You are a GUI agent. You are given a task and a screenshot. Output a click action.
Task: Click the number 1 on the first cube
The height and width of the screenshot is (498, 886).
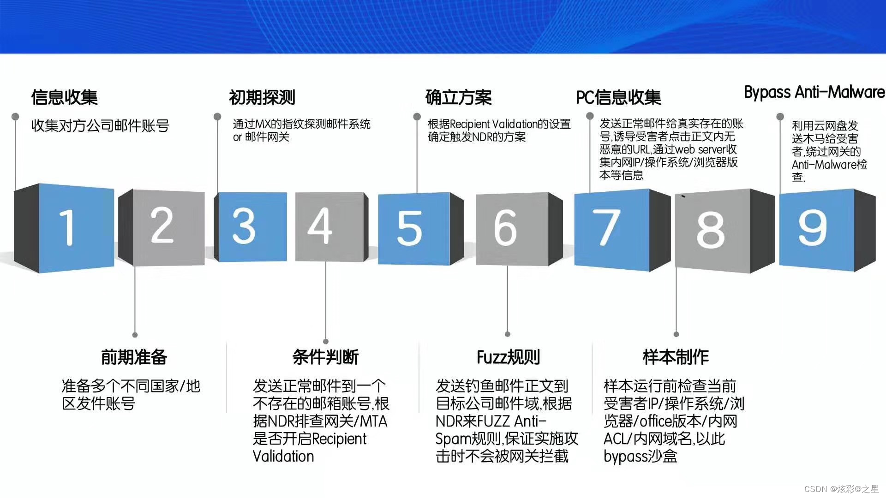click(x=67, y=227)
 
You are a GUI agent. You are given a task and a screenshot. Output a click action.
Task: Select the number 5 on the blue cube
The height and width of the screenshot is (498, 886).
click(x=409, y=228)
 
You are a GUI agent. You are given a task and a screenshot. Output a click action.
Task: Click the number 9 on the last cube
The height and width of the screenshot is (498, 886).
click(x=813, y=227)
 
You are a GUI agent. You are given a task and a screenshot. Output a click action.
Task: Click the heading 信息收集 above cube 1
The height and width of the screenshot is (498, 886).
click(x=65, y=97)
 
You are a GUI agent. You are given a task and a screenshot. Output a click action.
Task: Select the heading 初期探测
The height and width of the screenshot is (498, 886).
click(x=262, y=97)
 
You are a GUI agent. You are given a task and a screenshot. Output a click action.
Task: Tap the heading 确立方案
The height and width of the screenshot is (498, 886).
click(x=459, y=97)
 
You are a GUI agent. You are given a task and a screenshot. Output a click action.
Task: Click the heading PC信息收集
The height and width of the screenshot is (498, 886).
click(x=618, y=97)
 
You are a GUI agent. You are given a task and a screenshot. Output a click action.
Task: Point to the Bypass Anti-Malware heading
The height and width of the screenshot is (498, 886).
click(x=814, y=92)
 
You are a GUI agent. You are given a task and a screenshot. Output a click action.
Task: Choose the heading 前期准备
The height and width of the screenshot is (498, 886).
click(x=134, y=357)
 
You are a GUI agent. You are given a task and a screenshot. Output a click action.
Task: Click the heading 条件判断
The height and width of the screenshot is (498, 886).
click(x=326, y=357)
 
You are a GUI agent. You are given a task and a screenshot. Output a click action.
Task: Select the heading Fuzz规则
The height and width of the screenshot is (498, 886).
click(x=508, y=357)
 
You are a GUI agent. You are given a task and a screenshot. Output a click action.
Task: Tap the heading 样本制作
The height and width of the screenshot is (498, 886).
click(x=676, y=357)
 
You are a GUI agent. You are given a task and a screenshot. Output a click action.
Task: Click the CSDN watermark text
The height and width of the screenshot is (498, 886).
click(x=841, y=489)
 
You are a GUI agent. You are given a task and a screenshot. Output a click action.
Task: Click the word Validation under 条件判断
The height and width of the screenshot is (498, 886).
click(x=283, y=456)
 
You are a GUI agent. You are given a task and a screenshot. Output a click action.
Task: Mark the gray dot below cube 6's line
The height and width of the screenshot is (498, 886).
click(x=508, y=334)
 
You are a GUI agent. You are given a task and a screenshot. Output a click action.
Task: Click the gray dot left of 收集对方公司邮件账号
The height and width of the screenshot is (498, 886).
click(x=15, y=116)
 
